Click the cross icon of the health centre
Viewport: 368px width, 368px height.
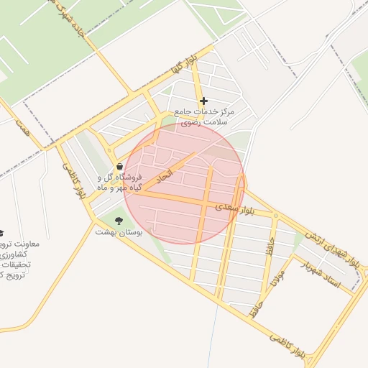[204, 101]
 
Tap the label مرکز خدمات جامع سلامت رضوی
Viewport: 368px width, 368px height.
[204, 118]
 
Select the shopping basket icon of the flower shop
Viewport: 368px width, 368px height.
[119, 167]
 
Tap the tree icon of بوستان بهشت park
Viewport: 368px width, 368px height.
[119, 220]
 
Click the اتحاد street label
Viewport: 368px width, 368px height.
[165, 175]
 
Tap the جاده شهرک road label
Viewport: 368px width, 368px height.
[71, 22]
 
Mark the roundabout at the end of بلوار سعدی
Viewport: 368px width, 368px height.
[276, 216]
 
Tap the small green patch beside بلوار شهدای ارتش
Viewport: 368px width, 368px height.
[298, 239]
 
